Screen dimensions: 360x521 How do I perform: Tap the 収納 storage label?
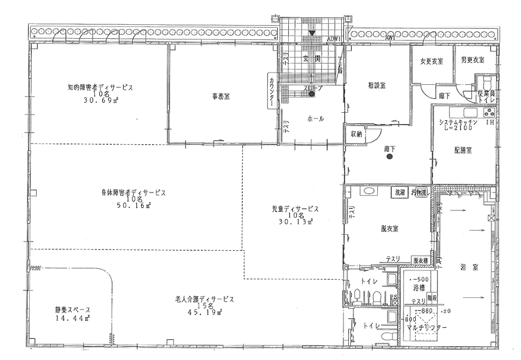(x=356, y=134)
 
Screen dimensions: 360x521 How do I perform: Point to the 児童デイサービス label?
(x=290, y=210)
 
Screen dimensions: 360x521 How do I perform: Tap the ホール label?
(x=316, y=118)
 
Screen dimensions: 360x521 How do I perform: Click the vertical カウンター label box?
(x=270, y=94)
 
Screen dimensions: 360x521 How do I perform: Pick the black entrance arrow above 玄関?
(x=312, y=34)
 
